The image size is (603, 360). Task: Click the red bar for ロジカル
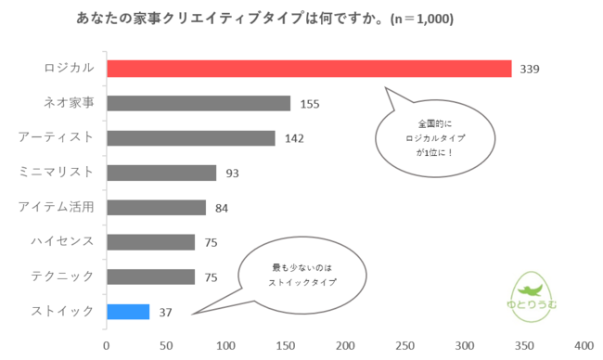(309, 69)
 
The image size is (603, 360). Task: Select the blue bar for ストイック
(128, 312)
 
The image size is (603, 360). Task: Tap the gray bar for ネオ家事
(199, 103)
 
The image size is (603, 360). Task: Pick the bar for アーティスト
(191, 138)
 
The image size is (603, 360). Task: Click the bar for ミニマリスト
(161, 173)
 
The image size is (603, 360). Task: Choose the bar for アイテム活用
(156, 207)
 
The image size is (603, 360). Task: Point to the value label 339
(531, 70)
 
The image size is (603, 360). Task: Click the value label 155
(309, 104)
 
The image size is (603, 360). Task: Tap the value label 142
(294, 139)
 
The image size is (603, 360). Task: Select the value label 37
(166, 313)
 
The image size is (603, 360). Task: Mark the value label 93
(232, 174)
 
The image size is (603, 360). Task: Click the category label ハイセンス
(57, 241)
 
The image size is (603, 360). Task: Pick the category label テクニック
(57, 276)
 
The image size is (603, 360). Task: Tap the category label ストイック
(57, 311)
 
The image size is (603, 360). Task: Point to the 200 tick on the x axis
(345, 345)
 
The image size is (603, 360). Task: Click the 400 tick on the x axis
(584, 345)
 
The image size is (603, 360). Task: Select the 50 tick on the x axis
(166, 345)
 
